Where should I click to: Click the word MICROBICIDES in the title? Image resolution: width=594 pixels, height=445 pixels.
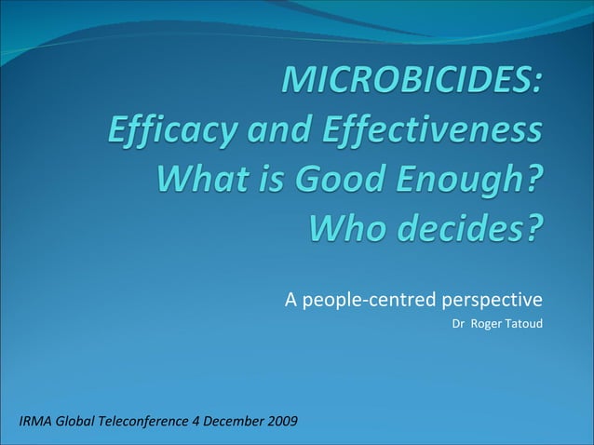[x=411, y=82]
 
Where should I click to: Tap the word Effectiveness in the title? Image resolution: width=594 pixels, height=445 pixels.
[x=432, y=130]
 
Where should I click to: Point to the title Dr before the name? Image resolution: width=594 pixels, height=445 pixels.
[x=457, y=324]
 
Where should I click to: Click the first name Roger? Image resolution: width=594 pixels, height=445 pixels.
[x=487, y=324]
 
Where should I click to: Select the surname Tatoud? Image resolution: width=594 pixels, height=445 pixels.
[x=523, y=324]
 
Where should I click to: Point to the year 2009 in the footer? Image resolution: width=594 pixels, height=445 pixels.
[x=283, y=422]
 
